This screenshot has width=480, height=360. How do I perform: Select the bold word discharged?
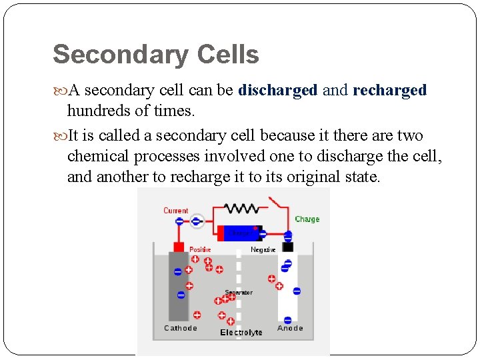pos(278,90)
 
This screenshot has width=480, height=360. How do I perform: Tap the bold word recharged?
pos(390,90)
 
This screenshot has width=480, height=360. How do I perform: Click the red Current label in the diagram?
pos(176,211)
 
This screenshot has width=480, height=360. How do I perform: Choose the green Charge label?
pos(307,219)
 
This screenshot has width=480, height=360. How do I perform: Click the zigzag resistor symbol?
pos(242,209)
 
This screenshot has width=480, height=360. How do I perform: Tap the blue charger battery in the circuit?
pos(238,233)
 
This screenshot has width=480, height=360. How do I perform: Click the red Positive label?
pos(200,250)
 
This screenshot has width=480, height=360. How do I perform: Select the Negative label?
pos(263,250)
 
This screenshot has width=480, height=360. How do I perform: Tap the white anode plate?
pos(287,287)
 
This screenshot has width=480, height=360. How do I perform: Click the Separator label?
pos(239,293)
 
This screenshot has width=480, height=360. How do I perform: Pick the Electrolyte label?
pos(241,333)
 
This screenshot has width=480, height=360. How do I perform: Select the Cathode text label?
pos(181,328)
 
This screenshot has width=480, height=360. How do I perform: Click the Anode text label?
pos(290,328)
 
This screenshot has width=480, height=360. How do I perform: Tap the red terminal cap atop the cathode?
pos(179,247)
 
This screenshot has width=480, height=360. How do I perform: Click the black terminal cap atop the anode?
pos(287,247)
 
